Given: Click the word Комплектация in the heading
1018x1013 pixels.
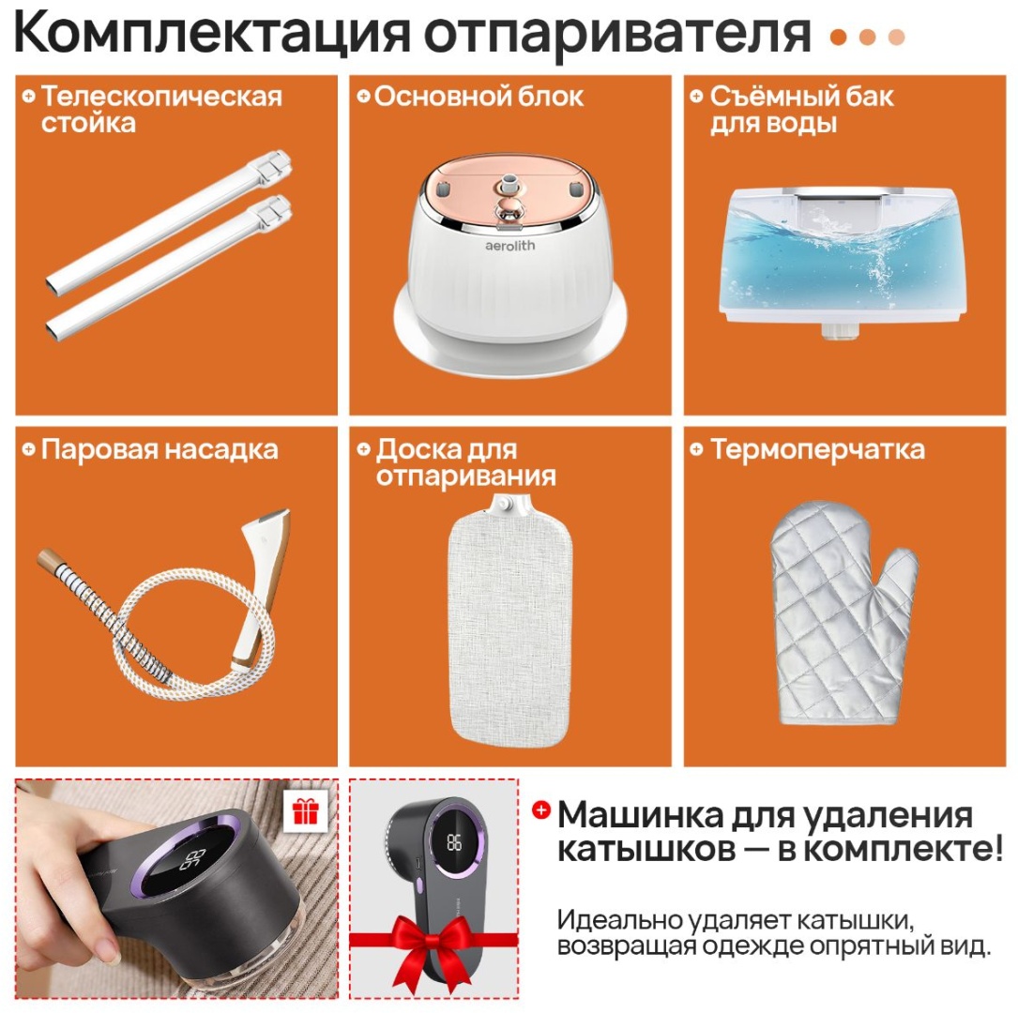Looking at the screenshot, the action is (212, 33).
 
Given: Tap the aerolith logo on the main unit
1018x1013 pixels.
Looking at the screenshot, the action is (510, 246).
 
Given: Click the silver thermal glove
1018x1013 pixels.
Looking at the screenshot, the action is (843, 613).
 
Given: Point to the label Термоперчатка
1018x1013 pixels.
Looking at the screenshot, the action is (817, 449).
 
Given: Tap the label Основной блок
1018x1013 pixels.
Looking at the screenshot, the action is (479, 97).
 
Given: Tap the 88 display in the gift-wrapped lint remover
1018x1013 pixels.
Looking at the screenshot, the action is (454, 842).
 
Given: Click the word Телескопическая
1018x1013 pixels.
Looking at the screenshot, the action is (161, 97).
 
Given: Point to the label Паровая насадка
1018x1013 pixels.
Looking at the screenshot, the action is (160, 449).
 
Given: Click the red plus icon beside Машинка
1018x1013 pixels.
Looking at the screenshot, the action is (540, 809).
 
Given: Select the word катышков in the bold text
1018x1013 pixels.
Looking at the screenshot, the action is (646, 849).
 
